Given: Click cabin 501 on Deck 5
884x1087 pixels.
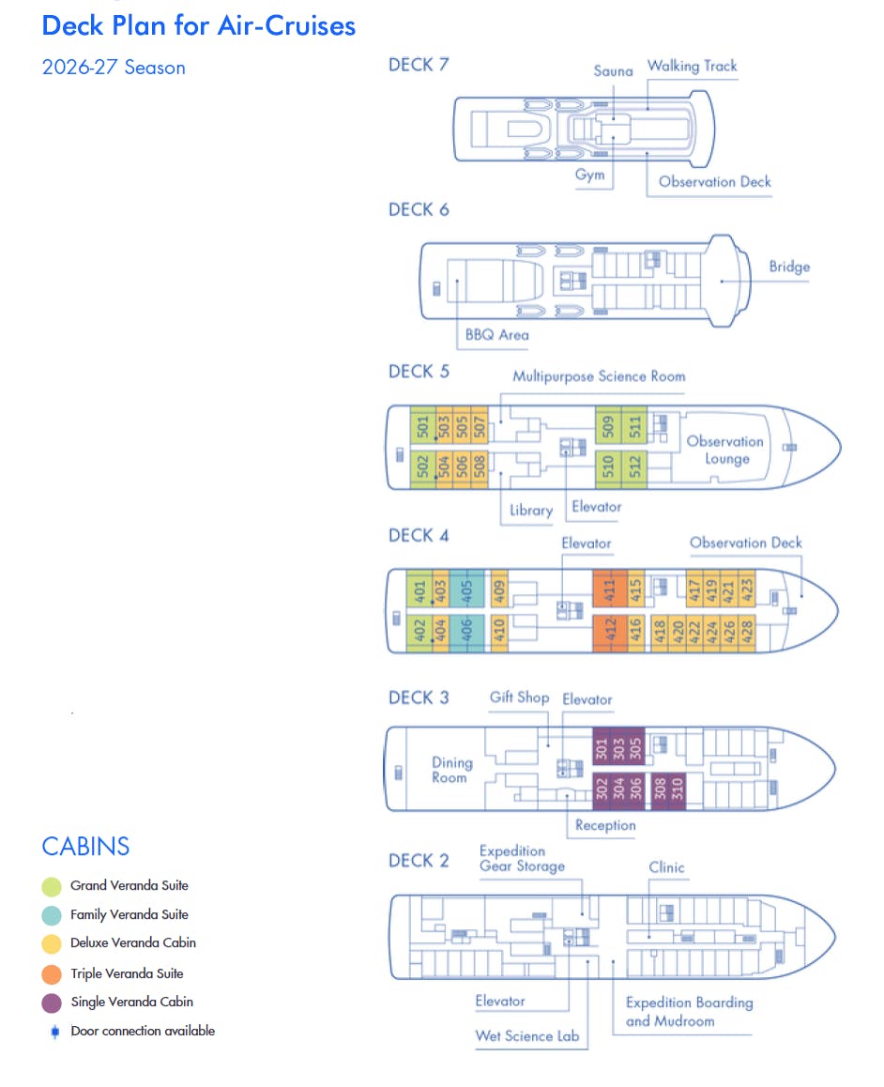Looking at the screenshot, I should click(x=422, y=427).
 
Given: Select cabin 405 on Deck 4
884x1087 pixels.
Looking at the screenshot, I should click(x=466, y=590).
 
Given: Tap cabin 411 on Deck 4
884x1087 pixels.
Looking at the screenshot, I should click(x=609, y=590).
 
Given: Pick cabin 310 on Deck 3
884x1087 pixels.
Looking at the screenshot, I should click(x=678, y=791).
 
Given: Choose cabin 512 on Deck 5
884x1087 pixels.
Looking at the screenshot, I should click(x=634, y=467).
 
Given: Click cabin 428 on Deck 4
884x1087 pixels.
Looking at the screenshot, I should click(x=747, y=632).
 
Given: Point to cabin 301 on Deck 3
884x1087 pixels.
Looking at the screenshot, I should click(x=602, y=748).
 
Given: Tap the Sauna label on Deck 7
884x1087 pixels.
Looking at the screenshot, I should click(x=613, y=70).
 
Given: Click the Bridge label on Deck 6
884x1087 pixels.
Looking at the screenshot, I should click(x=788, y=267).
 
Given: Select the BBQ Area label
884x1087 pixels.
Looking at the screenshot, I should click(x=496, y=334).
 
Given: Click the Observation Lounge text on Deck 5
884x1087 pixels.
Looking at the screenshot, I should click(x=725, y=450).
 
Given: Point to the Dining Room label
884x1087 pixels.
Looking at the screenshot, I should click(x=450, y=770).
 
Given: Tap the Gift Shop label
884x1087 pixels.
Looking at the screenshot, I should click(x=519, y=697).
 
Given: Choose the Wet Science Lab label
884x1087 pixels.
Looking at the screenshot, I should click(x=527, y=1036).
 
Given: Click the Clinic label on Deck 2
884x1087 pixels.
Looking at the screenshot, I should click(x=666, y=867).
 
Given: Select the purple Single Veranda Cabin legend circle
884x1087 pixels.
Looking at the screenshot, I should click(x=52, y=1003).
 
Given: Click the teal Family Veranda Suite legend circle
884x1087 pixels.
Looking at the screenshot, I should click(x=52, y=915).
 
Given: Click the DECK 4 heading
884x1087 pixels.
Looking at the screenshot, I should click(x=419, y=535).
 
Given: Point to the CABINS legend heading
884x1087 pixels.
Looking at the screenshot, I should click(x=85, y=846).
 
